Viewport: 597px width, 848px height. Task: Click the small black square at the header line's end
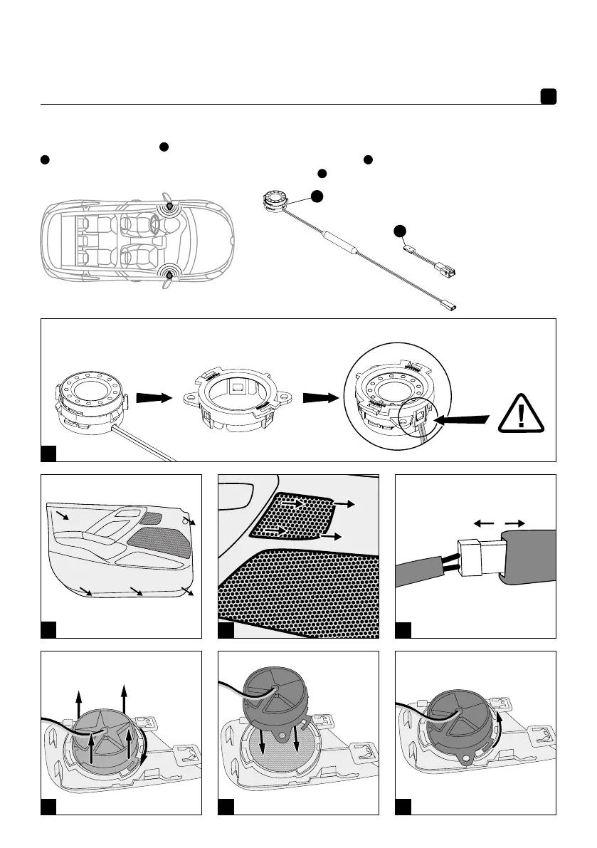[x=547, y=97]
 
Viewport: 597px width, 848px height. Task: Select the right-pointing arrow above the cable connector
[x=515, y=523]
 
